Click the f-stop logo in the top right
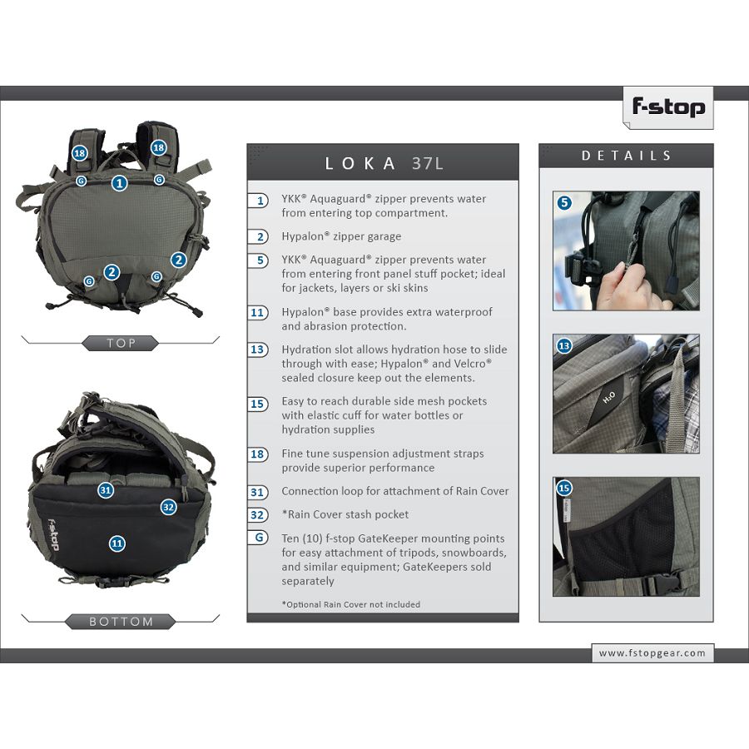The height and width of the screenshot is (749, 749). [x=668, y=107]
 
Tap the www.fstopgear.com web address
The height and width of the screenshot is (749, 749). [x=652, y=652]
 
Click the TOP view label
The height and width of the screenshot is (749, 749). [x=121, y=343]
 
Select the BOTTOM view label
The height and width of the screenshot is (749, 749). [x=121, y=622]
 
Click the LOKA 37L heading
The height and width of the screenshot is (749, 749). [x=384, y=163]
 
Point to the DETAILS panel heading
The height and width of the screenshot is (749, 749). [x=626, y=156]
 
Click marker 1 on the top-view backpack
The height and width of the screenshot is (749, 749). [x=119, y=182]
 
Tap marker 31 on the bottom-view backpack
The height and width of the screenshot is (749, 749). [x=106, y=489]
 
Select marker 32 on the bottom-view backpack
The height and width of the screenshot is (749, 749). [x=168, y=507]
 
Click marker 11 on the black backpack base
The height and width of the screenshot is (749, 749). [x=117, y=543]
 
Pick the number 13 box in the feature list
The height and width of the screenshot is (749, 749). [x=257, y=350]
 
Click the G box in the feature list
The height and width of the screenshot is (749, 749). [x=258, y=538]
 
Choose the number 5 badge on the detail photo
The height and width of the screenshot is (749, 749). [x=564, y=202]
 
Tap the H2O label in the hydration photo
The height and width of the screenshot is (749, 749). [x=608, y=398]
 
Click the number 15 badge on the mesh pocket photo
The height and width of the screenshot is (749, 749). [x=564, y=488]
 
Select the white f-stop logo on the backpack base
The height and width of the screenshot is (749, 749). [x=53, y=534]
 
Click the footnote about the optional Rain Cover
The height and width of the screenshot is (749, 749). [x=350, y=604]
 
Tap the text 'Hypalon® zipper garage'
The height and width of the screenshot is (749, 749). [x=341, y=236]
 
